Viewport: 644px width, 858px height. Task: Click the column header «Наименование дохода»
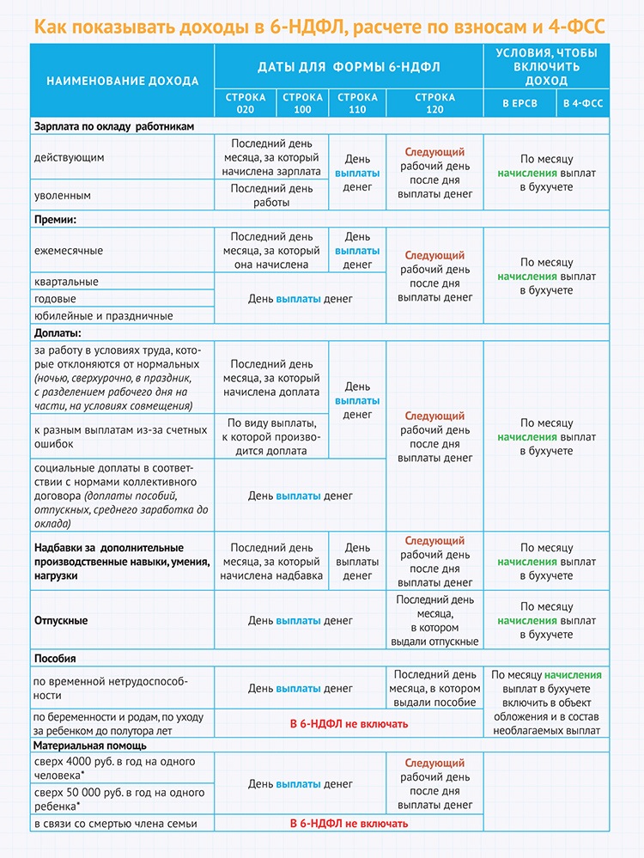(122, 81)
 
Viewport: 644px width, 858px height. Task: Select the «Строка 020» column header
(246, 103)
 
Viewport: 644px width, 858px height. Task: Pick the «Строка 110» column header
(357, 103)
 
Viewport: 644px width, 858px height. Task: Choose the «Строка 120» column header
(434, 103)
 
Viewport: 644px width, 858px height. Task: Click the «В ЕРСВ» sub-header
(519, 104)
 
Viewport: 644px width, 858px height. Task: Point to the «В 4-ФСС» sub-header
(583, 104)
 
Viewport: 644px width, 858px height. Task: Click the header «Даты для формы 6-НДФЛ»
(349, 66)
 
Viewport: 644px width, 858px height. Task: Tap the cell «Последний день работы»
(271, 195)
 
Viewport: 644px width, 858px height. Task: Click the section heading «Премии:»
(56, 219)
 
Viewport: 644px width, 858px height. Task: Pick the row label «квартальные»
(66, 282)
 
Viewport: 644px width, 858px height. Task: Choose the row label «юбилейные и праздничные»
(103, 316)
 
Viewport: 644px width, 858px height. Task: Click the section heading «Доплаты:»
(58, 332)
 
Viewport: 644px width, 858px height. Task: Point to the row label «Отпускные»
(61, 620)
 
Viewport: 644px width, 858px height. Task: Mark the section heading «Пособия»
(56, 658)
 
